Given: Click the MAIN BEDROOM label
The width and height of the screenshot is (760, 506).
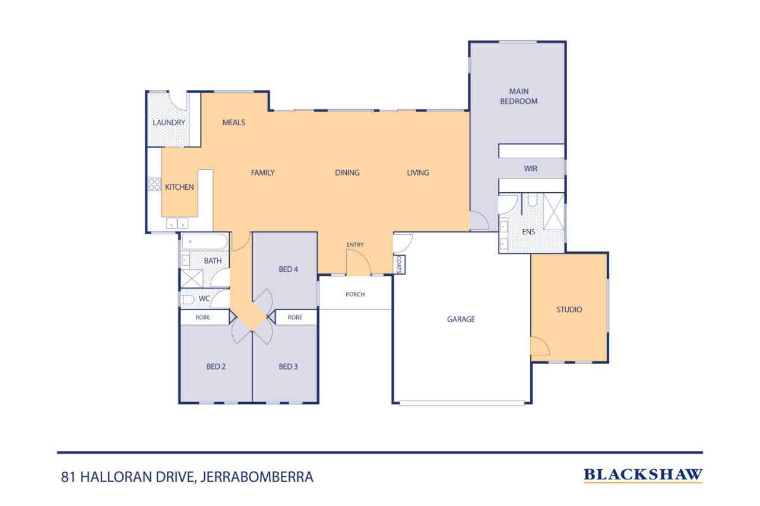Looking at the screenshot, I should point(522,96).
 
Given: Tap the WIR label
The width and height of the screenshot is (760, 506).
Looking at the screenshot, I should point(530,169).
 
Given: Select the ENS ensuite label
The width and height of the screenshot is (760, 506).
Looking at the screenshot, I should point(528,232).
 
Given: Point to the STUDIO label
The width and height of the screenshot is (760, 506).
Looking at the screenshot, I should point(569,310).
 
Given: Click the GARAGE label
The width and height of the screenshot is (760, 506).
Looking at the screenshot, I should point(461,319).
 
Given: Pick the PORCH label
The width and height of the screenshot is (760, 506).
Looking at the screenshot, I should point(354,294).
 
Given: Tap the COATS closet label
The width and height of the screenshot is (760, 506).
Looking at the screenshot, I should point(399,264).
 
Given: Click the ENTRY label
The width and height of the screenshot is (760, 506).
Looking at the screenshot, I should point(355,245).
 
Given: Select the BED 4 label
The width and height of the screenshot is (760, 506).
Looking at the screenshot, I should point(288,269).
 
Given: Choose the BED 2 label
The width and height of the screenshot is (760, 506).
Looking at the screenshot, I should point(216,367).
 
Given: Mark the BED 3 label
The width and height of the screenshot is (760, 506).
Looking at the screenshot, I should point(288,367).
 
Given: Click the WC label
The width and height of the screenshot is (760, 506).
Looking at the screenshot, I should point(204,298).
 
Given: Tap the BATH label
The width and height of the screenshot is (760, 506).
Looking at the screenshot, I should point(213,261).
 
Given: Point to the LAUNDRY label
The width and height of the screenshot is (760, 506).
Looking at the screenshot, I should point(169,123).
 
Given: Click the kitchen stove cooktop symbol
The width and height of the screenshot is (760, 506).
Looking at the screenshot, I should point(154,184).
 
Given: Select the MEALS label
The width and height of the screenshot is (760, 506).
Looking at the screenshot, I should point(233,123).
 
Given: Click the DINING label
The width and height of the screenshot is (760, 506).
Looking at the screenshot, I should point(347,173).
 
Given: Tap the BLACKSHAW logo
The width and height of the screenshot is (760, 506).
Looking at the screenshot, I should point(643,475).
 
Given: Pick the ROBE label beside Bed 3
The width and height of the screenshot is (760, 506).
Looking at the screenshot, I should point(295,317).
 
